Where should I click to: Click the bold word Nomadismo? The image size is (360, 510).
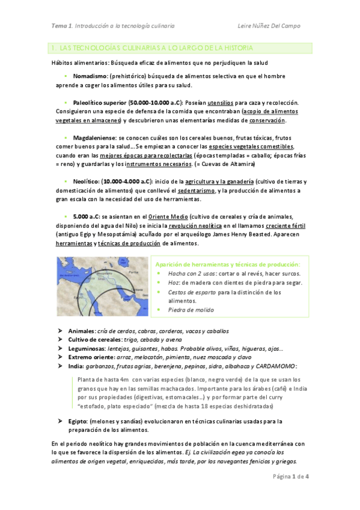90,77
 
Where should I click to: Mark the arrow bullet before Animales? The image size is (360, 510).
61,331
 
